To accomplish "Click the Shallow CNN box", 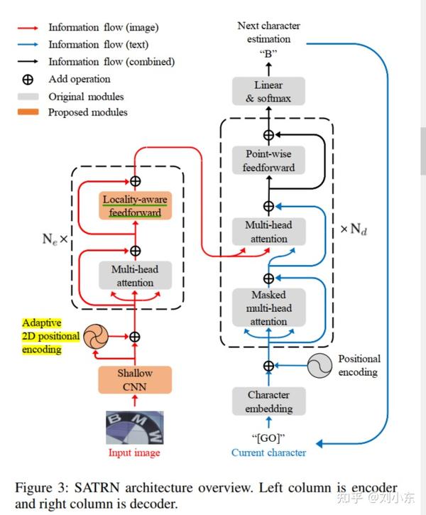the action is pyautogui.click(x=135, y=380).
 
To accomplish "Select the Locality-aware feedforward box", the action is pyautogui.click(x=135, y=205).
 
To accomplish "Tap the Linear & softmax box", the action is pyautogui.click(x=268, y=92).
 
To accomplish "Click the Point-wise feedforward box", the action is pyautogui.click(x=268, y=161).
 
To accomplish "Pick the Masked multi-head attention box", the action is pyautogui.click(x=269, y=308).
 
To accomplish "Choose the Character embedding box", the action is pyautogui.click(x=269, y=401).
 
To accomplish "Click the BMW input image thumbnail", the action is pyautogui.click(x=135, y=428).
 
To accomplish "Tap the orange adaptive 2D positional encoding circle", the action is pyautogui.click(x=96, y=336).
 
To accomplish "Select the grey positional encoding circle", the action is pyautogui.click(x=319, y=366).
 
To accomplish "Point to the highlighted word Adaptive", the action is pyautogui.click(x=42, y=323).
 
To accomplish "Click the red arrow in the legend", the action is pyautogui.click(x=28, y=28).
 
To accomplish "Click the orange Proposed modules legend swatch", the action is pyautogui.click(x=28, y=112).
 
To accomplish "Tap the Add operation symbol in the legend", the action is pyautogui.click(x=28, y=80).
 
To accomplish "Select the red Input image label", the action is pyautogui.click(x=134, y=452).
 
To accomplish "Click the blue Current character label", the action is pyautogui.click(x=268, y=452).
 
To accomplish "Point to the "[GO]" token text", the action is pyautogui.click(x=268, y=438).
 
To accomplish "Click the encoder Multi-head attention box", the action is pyautogui.click(x=135, y=276).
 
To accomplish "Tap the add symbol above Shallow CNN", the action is pyautogui.click(x=135, y=337).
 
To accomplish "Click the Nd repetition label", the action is pyautogui.click(x=354, y=229).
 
